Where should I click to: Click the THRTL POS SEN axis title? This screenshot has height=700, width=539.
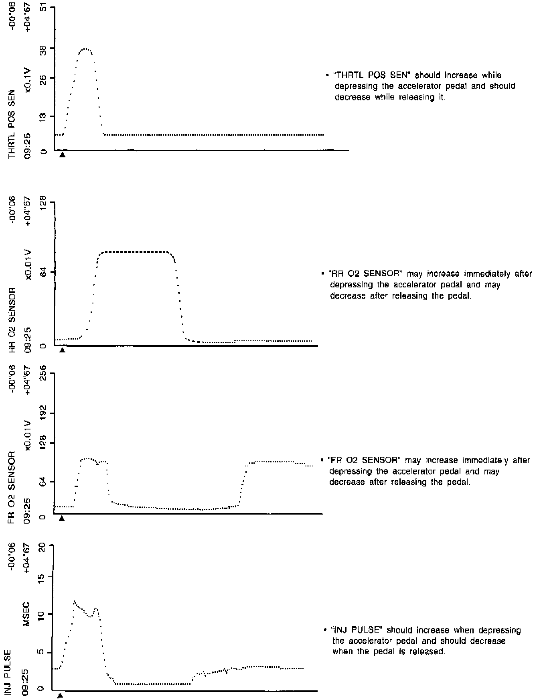click(x=12, y=124)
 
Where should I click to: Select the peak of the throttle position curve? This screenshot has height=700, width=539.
click(x=85, y=49)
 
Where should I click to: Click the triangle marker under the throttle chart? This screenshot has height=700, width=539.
click(x=62, y=155)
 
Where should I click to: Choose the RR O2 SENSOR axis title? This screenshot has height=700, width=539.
click(x=12, y=320)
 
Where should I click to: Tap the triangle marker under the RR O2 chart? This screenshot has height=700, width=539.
click(x=62, y=350)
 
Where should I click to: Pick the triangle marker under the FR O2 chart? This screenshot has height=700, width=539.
click(x=62, y=518)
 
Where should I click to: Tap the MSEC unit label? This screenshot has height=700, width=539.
click(x=28, y=614)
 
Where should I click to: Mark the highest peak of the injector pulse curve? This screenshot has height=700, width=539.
click(x=74, y=601)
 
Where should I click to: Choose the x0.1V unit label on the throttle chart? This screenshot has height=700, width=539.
click(x=28, y=80)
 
